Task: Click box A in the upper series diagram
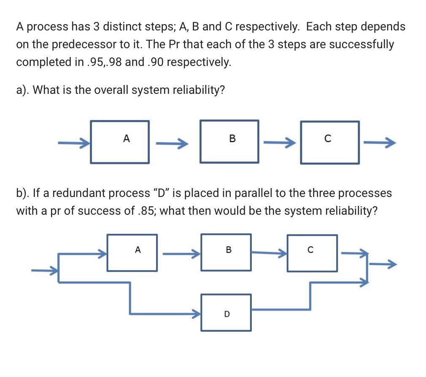click(x=120, y=142)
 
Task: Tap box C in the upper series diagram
click(x=329, y=142)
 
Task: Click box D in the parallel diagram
click(x=226, y=312)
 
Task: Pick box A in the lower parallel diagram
click(x=132, y=253)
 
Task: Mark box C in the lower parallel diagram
click(x=312, y=253)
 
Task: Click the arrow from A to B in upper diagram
click(x=171, y=145)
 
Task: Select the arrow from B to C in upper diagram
click(x=279, y=145)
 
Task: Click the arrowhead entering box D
click(x=195, y=313)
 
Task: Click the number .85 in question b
click(x=143, y=210)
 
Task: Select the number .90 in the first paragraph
click(x=157, y=62)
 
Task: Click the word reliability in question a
click(x=191, y=90)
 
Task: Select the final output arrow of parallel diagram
click(x=383, y=265)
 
